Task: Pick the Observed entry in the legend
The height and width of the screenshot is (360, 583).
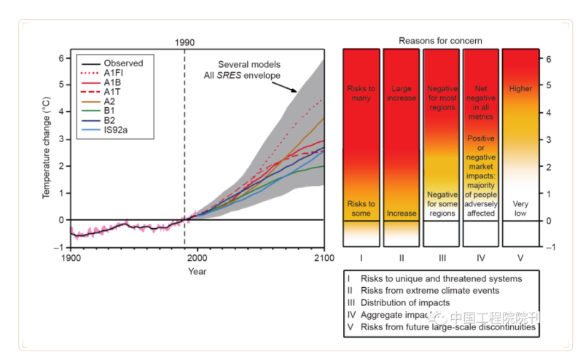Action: (123, 63)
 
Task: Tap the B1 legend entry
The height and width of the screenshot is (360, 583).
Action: (109, 112)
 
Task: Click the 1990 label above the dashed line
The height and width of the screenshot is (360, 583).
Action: (184, 42)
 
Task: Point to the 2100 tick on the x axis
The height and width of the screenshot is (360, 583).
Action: (324, 258)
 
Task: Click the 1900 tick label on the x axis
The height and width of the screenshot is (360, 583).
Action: (71, 258)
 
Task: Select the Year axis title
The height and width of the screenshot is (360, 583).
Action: (197, 271)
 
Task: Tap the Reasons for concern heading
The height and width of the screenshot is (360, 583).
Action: (440, 41)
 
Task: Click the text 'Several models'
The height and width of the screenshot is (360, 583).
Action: (249, 65)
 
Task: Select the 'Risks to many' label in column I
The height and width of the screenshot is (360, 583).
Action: (361, 93)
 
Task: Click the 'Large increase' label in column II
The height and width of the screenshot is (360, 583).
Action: (401, 93)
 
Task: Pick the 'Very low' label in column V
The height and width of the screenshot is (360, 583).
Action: (520, 209)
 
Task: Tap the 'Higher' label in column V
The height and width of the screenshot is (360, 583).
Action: (520, 89)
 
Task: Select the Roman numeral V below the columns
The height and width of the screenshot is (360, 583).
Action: (520, 258)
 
